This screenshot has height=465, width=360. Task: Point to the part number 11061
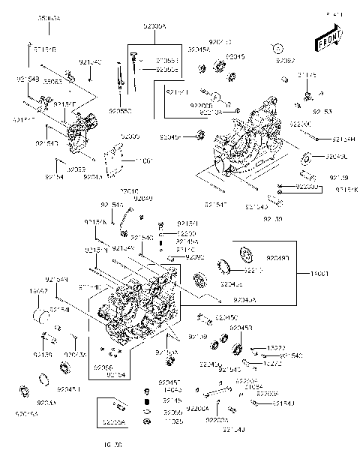[142, 160]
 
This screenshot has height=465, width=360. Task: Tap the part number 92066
[102, 367]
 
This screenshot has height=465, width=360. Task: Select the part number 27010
[130, 192]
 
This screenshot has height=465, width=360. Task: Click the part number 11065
[173, 421]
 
